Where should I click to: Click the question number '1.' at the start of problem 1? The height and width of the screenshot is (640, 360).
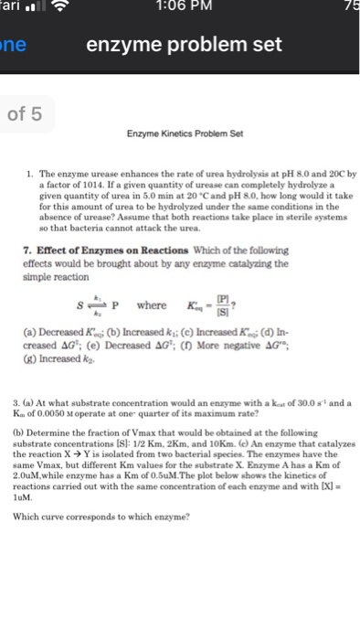(x=31, y=171)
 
